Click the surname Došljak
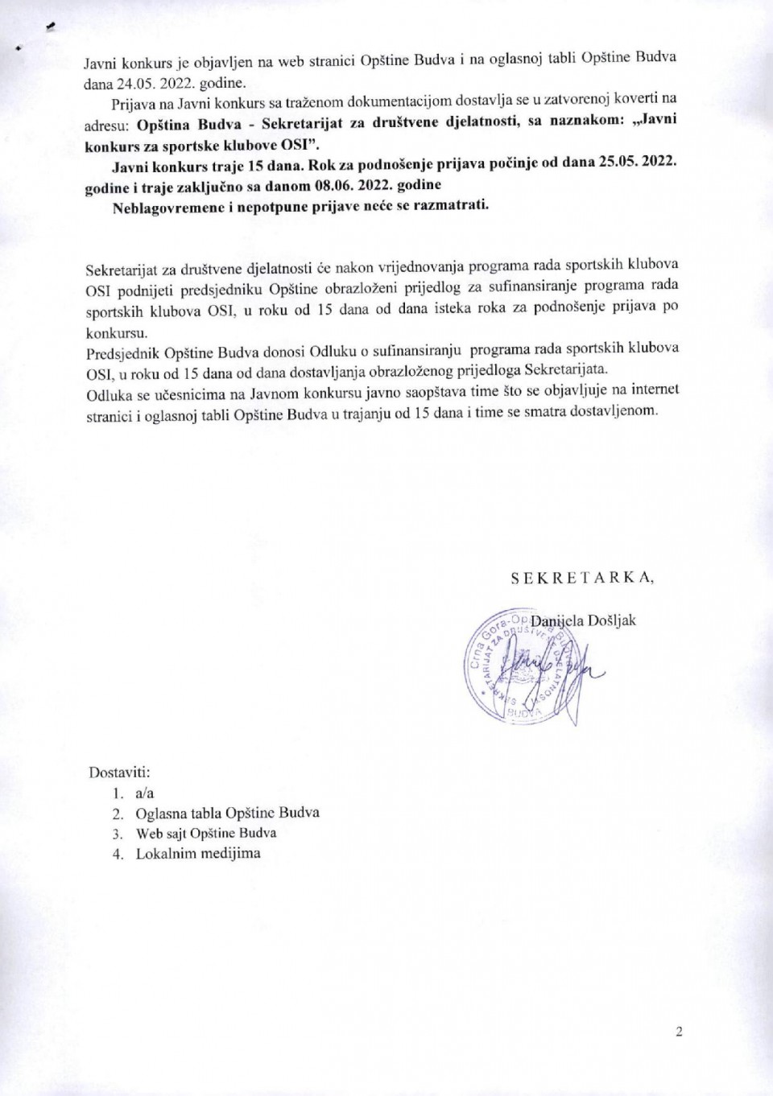click(x=611, y=620)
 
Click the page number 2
click(x=679, y=1032)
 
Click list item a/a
click(x=145, y=793)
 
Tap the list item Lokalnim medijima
click(x=198, y=854)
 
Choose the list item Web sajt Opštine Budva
click(x=206, y=834)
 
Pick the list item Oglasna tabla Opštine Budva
click(x=227, y=813)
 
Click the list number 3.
click(x=118, y=834)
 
